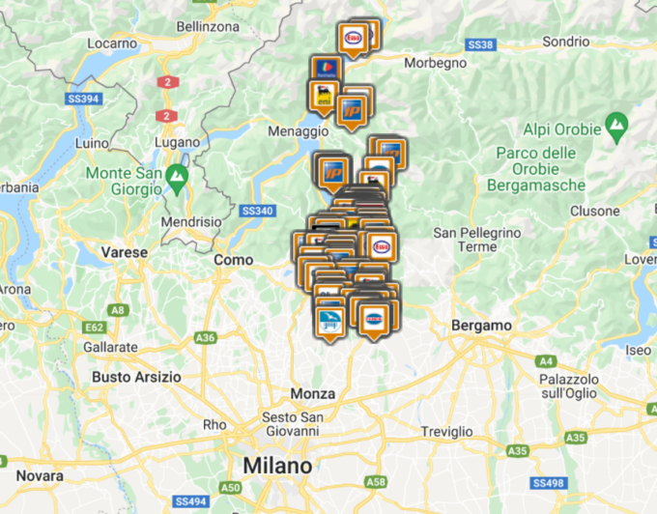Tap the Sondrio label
point(565,42)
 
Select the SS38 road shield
point(480,44)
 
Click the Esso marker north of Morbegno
point(354,38)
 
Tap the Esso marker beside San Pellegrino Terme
point(379,244)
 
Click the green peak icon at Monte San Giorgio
point(175,177)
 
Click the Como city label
point(233,260)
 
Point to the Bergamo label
point(481,326)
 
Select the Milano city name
point(277,466)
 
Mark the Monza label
point(313,394)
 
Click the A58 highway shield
point(377,481)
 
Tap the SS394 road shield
point(84,99)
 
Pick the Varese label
point(125,252)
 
